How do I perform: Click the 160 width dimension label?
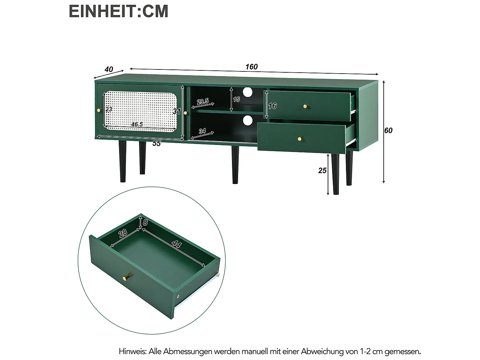[252, 67]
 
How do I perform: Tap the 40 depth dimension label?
[109, 69]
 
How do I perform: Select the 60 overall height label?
[388, 131]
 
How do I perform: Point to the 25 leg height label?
[322, 171]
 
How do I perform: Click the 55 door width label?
[156, 143]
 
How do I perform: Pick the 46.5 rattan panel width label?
[137, 124]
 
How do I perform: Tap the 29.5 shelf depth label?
[203, 102]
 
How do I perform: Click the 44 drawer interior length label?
[176, 244]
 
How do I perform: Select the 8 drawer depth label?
[145, 222]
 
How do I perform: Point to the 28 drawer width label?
[123, 233]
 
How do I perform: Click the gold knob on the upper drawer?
[305, 106]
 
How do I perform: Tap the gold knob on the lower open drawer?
[300, 139]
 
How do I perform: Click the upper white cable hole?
[248, 92]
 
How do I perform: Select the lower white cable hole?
[248, 120]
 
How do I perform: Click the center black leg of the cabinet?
[235, 165]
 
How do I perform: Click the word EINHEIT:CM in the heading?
[118, 12]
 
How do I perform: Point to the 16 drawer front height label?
[272, 106]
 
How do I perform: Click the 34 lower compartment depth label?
[202, 131]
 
